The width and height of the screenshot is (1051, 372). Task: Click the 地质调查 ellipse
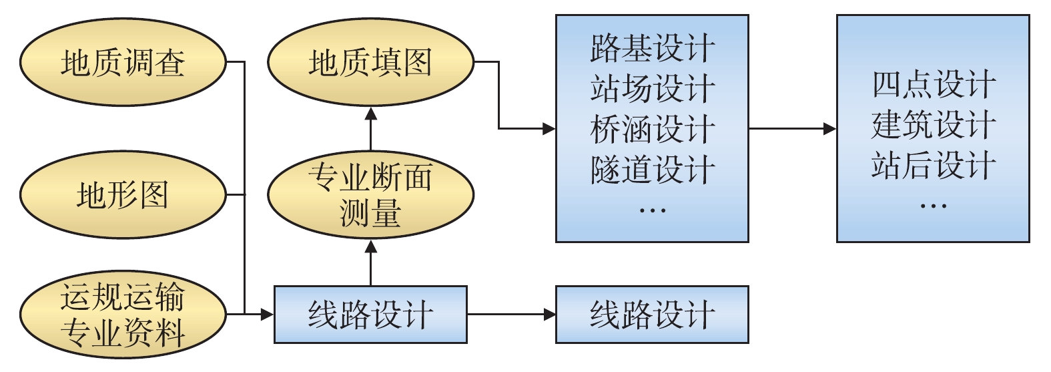[x=123, y=63]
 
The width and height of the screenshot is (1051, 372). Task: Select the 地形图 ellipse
[x=123, y=195]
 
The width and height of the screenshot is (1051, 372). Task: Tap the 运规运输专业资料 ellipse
[x=123, y=314]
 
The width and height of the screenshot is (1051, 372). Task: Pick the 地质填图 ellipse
[x=370, y=63]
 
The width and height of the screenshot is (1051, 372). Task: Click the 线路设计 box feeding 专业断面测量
[x=370, y=315]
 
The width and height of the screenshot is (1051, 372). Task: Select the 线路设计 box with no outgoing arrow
[x=652, y=315]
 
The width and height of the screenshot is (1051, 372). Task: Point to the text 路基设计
[x=652, y=48]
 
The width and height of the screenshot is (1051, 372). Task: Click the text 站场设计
[x=652, y=89]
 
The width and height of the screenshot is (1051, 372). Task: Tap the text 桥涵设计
[x=652, y=129]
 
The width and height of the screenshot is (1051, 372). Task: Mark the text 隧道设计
[x=652, y=169]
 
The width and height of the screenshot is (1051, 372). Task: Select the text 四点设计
[x=933, y=85]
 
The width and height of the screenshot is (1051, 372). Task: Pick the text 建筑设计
[x=933, y=125]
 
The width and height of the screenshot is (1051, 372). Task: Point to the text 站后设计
[x=933, y=165]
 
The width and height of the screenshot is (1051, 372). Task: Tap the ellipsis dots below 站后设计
[x=933, y=206]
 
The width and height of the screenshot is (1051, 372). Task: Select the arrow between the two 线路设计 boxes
[x=511, y=314]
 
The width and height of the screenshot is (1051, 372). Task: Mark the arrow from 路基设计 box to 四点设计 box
[x=792, y=129]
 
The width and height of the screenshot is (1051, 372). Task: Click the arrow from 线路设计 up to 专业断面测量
[x=371, y=263]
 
